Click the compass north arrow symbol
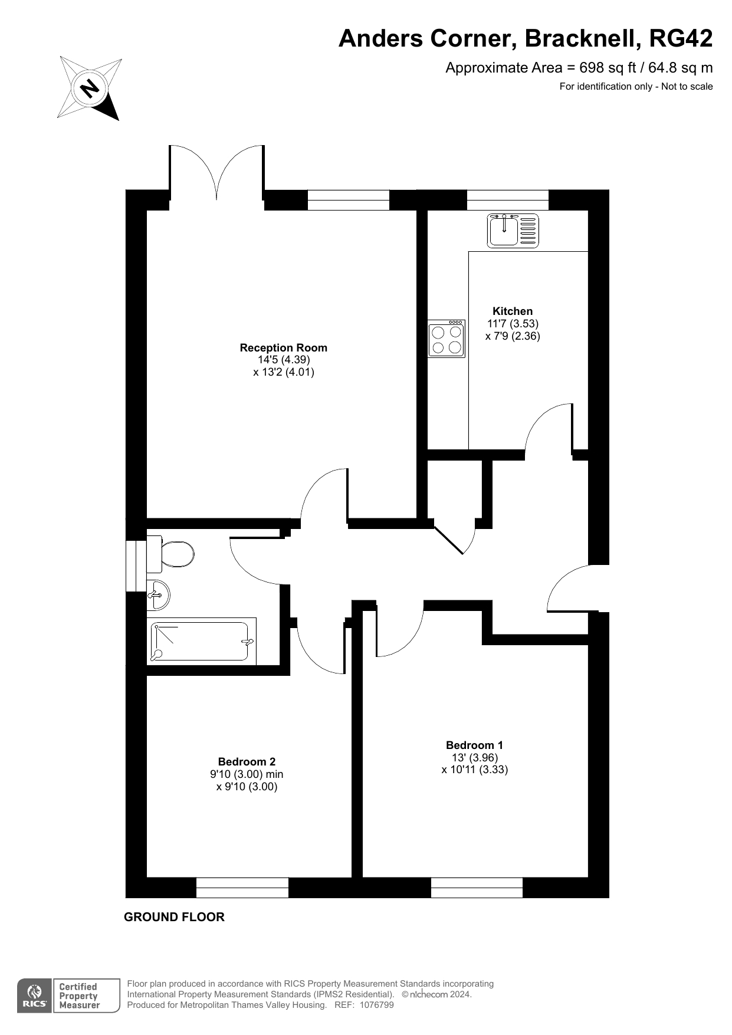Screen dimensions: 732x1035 (x=89, y=89)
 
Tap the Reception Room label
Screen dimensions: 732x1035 (x=283, y=348)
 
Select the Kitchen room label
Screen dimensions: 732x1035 (x=513, y=311)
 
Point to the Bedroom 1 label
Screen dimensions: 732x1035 (x=474, y=745)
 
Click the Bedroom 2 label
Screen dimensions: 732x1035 (x=247, y=761)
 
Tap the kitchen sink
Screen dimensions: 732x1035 (x=513, y=231)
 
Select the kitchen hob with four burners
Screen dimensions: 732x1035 (x=447, y=339)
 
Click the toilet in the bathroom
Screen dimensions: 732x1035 (x=170, y=554)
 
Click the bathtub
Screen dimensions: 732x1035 (x=201, y=642)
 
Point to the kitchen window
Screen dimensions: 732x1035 (x=507, y=200)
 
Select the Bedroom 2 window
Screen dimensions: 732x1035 (x=242, y=888)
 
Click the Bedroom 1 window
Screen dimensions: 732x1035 (x=477, y=888)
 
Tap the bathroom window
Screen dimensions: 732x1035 (x=136, y=565)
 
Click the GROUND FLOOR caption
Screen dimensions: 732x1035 (x=174, y=917)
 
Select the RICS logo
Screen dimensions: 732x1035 (x=35, y=996)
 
